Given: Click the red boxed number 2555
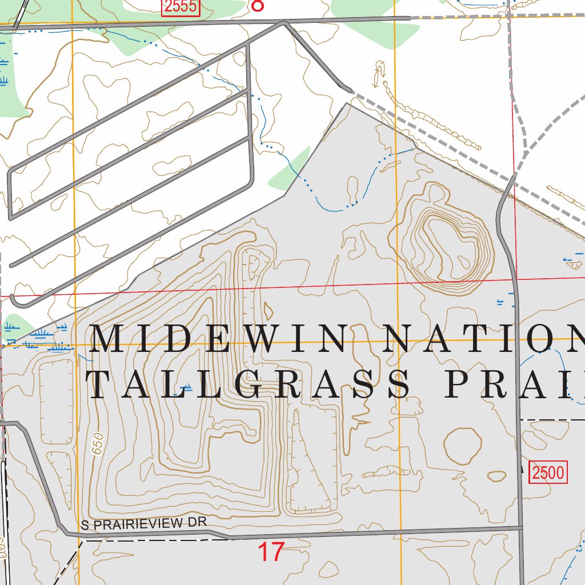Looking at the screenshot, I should pyautogui.click(x=181, y=6).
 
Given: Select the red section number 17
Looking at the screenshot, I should pyautogui.click(x=271, y=552).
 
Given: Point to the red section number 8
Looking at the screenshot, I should pyautogui.click(x=258, y=5).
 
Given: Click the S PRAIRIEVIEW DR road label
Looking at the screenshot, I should pyautogui.click(x=142, y=523).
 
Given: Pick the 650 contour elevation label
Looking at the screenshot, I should pyautogui.click(x=98, y=443).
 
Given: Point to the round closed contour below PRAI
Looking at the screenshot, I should pyautogui.click(x=463, y=446).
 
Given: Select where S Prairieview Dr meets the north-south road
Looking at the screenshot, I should pyautogui.click(x=520, y=527).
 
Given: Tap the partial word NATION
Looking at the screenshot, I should pyautogui.click(x=486, y=339).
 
